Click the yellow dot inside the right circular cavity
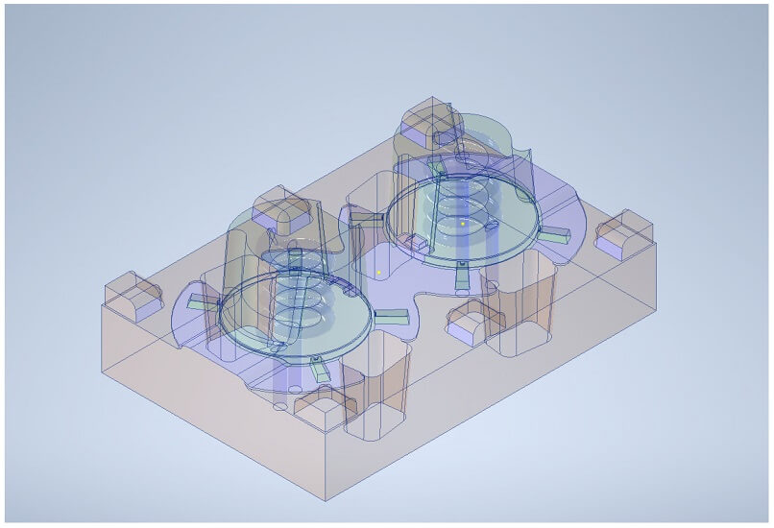462,224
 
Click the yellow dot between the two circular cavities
379,273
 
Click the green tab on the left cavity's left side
200,303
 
